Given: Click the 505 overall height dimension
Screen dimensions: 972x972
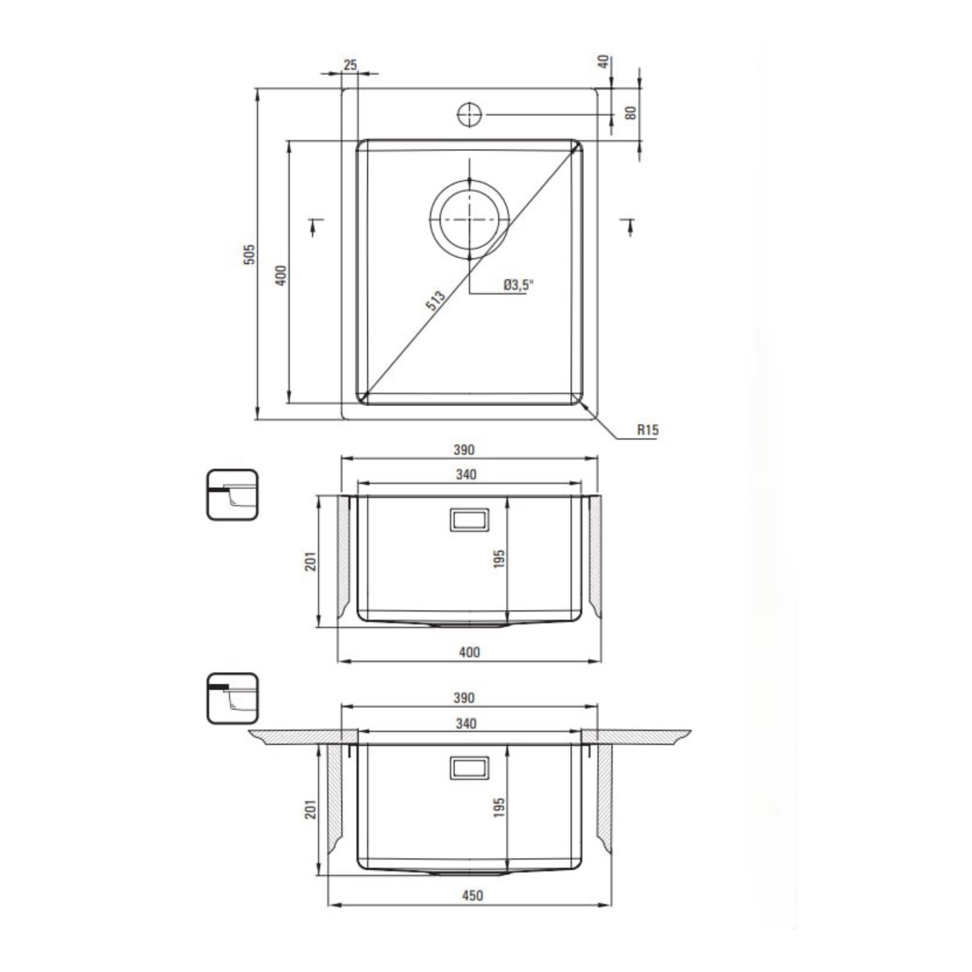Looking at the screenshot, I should [x=250, y=255].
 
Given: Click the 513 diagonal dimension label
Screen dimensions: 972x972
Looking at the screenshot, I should [x=435, y=300].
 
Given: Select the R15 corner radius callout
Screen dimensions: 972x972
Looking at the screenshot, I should [x=647, y=430].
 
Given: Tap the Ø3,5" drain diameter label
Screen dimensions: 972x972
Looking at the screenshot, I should [x=518, y=285].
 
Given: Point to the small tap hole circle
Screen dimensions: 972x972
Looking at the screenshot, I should [x=469, y=115].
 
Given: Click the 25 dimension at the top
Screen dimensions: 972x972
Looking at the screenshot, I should [x=350, y=65].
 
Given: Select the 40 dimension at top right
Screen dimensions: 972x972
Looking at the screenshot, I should [x=605, y=61].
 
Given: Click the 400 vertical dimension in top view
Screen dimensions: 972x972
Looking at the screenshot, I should [x=282, y=275].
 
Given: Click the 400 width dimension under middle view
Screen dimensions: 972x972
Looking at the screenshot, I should [x=469, y=653].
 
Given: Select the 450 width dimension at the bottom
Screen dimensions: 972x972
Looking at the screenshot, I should [x=472, y=896].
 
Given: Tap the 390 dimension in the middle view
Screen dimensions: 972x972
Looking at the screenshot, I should [x=464, y=450].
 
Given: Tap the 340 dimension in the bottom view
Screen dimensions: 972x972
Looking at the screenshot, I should [x=466, y=724].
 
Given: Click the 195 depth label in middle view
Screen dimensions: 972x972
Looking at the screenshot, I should [x=499, y=559].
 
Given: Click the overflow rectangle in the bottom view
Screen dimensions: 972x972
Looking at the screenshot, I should [x=469, y=768].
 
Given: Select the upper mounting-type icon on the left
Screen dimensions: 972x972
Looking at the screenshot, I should [x=232, y=495].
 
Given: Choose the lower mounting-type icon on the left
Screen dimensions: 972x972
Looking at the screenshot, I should [x=232, y=699].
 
